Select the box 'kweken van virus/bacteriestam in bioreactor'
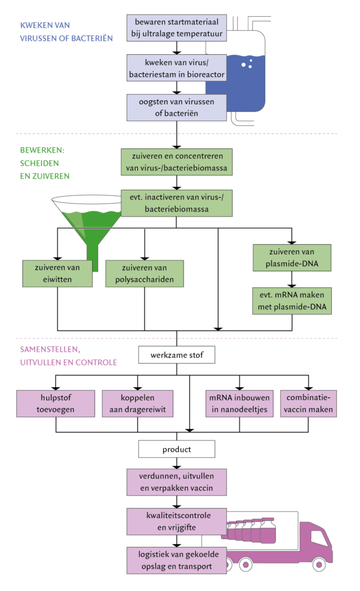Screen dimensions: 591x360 click(177, 68)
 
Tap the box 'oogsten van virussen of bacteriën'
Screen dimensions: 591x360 click(177, 107)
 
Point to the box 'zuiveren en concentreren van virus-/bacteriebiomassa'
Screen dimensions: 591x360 click(177, 162)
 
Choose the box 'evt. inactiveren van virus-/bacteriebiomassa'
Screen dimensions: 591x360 click(177, 203)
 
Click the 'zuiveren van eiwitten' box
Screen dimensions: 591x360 click(57, 274)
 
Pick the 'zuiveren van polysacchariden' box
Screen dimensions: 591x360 click(144, 274)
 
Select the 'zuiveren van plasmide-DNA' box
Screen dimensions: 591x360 click(292, 258)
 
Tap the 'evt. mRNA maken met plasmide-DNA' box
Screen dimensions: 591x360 click(292, 300)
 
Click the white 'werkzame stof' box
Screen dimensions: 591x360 click(177, 354)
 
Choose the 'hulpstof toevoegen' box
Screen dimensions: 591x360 click(55, 403)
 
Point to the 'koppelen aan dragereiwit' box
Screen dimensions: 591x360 click(137, 403)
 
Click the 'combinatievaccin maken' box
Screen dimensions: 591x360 click(309, 403)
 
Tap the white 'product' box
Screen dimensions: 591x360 click(177, 449)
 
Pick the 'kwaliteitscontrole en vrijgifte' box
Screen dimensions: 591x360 click(177, 521)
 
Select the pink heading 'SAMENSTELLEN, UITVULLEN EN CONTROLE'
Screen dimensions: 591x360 click(68, 356)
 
